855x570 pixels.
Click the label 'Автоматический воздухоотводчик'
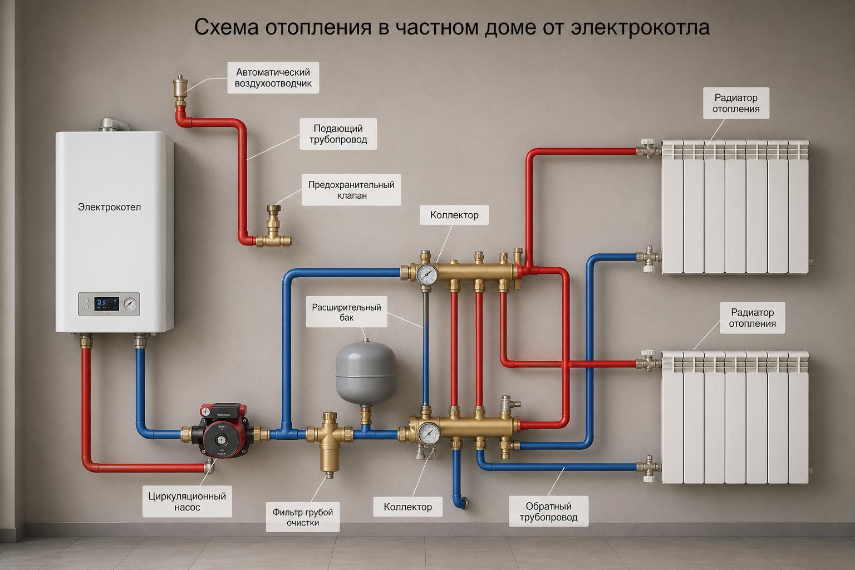pyautogui.click(x=273, y=78)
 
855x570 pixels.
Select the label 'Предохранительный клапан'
pyautogui.click(x=351, y=190)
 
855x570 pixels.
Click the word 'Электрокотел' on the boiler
pyautogui.click(x=109, y=207)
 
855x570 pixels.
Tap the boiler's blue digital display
pyautogui.click(x=107, y=304)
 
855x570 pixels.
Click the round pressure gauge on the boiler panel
pyautogui.click(x=130, y=304)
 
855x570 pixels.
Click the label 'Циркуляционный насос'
pyautogui.click(x=187, y=502)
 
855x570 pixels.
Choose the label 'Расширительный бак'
pyautogui.click(x=346, y=312)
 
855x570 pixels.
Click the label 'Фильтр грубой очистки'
pyautogui.click(x=303, y=517)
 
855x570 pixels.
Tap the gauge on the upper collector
pyautogui.click(x=426, y=273)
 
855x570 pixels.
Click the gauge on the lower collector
pyautogui.click(x=429, y=433)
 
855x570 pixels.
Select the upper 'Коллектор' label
pyautogui.click(x=454, y=215)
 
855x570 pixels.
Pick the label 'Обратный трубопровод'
pyautogui.click(x=548, y=512)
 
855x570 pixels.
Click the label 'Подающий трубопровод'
pyautogui.click(x=338, y=134)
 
